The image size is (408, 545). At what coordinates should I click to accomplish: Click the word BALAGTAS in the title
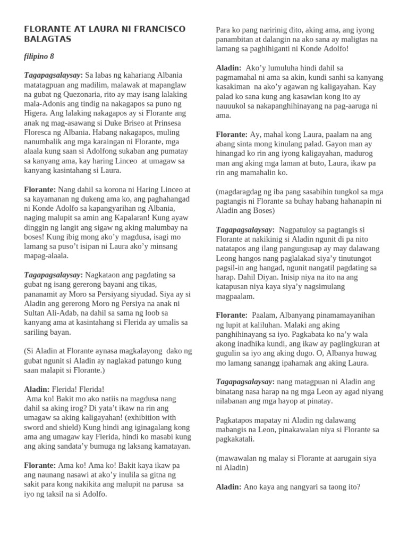coord(47,39)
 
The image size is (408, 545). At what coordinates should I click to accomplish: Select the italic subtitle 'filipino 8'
coord(39,56)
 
